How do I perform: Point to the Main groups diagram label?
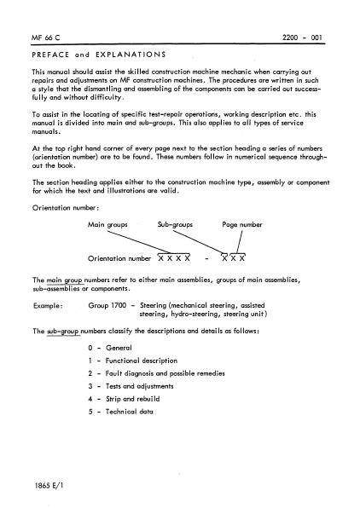click(x=107, y=224)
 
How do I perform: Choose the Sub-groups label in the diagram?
click(x=175, y=224)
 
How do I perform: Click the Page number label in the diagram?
click(x=241, y=224)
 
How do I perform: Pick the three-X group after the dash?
click(x=233, y=258)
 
